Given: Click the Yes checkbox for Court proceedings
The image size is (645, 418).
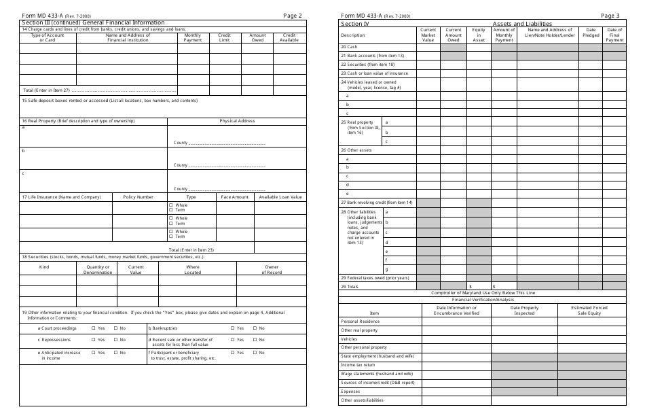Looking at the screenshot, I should [x=93, y=328].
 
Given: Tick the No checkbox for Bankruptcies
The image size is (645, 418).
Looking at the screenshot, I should [x=255, y=328].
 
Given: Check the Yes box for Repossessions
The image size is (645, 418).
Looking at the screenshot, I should [x=93, y=339].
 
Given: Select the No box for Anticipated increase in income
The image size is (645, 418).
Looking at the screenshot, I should [x=115, y=353].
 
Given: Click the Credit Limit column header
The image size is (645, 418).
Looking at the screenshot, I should [x=224, y=37].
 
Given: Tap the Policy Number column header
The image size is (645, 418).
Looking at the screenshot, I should [x=138, y=197].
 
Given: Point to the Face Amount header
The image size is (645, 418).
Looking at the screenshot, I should [x=235, y=197].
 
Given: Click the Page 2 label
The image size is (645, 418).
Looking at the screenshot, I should [x=293, y=16].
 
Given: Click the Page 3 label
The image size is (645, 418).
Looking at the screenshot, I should [x=610, y=16].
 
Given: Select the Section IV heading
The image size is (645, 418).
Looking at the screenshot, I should [x=355, y=23].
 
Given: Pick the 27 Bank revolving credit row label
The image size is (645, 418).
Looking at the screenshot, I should [x=377, y=203].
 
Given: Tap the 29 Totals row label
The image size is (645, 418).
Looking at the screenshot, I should [x=350, y=287].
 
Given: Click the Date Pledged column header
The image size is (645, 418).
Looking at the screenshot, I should [x=591, y=33].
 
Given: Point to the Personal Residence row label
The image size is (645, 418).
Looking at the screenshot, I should [x=360, y=321].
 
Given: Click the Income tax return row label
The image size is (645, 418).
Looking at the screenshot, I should [x=357, y=365].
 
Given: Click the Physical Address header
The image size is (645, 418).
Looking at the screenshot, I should [x=237, y=121].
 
